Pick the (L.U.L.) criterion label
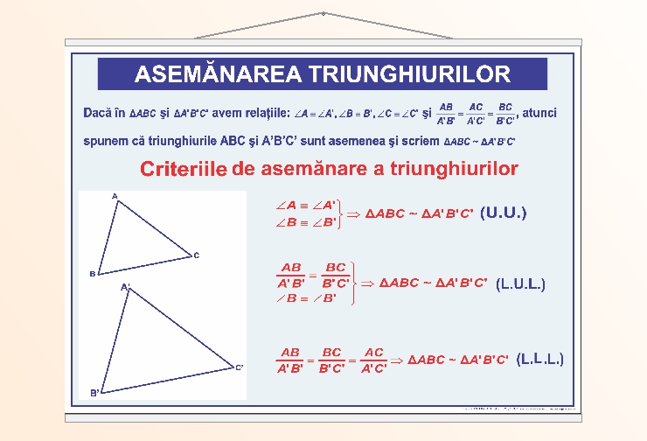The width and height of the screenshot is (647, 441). pos(520,284)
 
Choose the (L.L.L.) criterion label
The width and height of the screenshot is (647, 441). pos(539,360)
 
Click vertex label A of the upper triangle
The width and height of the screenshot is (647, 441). pos(115,197)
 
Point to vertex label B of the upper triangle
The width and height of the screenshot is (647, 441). pos(91,274)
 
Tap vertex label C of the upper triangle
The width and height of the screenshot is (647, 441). pos(197,255)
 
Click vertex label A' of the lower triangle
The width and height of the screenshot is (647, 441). pos(125,286)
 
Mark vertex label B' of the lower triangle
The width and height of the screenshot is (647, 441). pos(94,393)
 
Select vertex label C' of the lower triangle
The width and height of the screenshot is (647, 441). pos(239,367)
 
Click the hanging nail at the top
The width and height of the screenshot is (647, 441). pos(323,14)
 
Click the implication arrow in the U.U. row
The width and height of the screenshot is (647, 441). pos(354,213)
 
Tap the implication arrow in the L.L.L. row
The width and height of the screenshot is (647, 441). pos(396,360)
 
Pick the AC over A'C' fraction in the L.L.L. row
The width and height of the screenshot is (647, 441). pos(374,360)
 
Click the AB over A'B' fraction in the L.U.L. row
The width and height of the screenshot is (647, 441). pos(291,275)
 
